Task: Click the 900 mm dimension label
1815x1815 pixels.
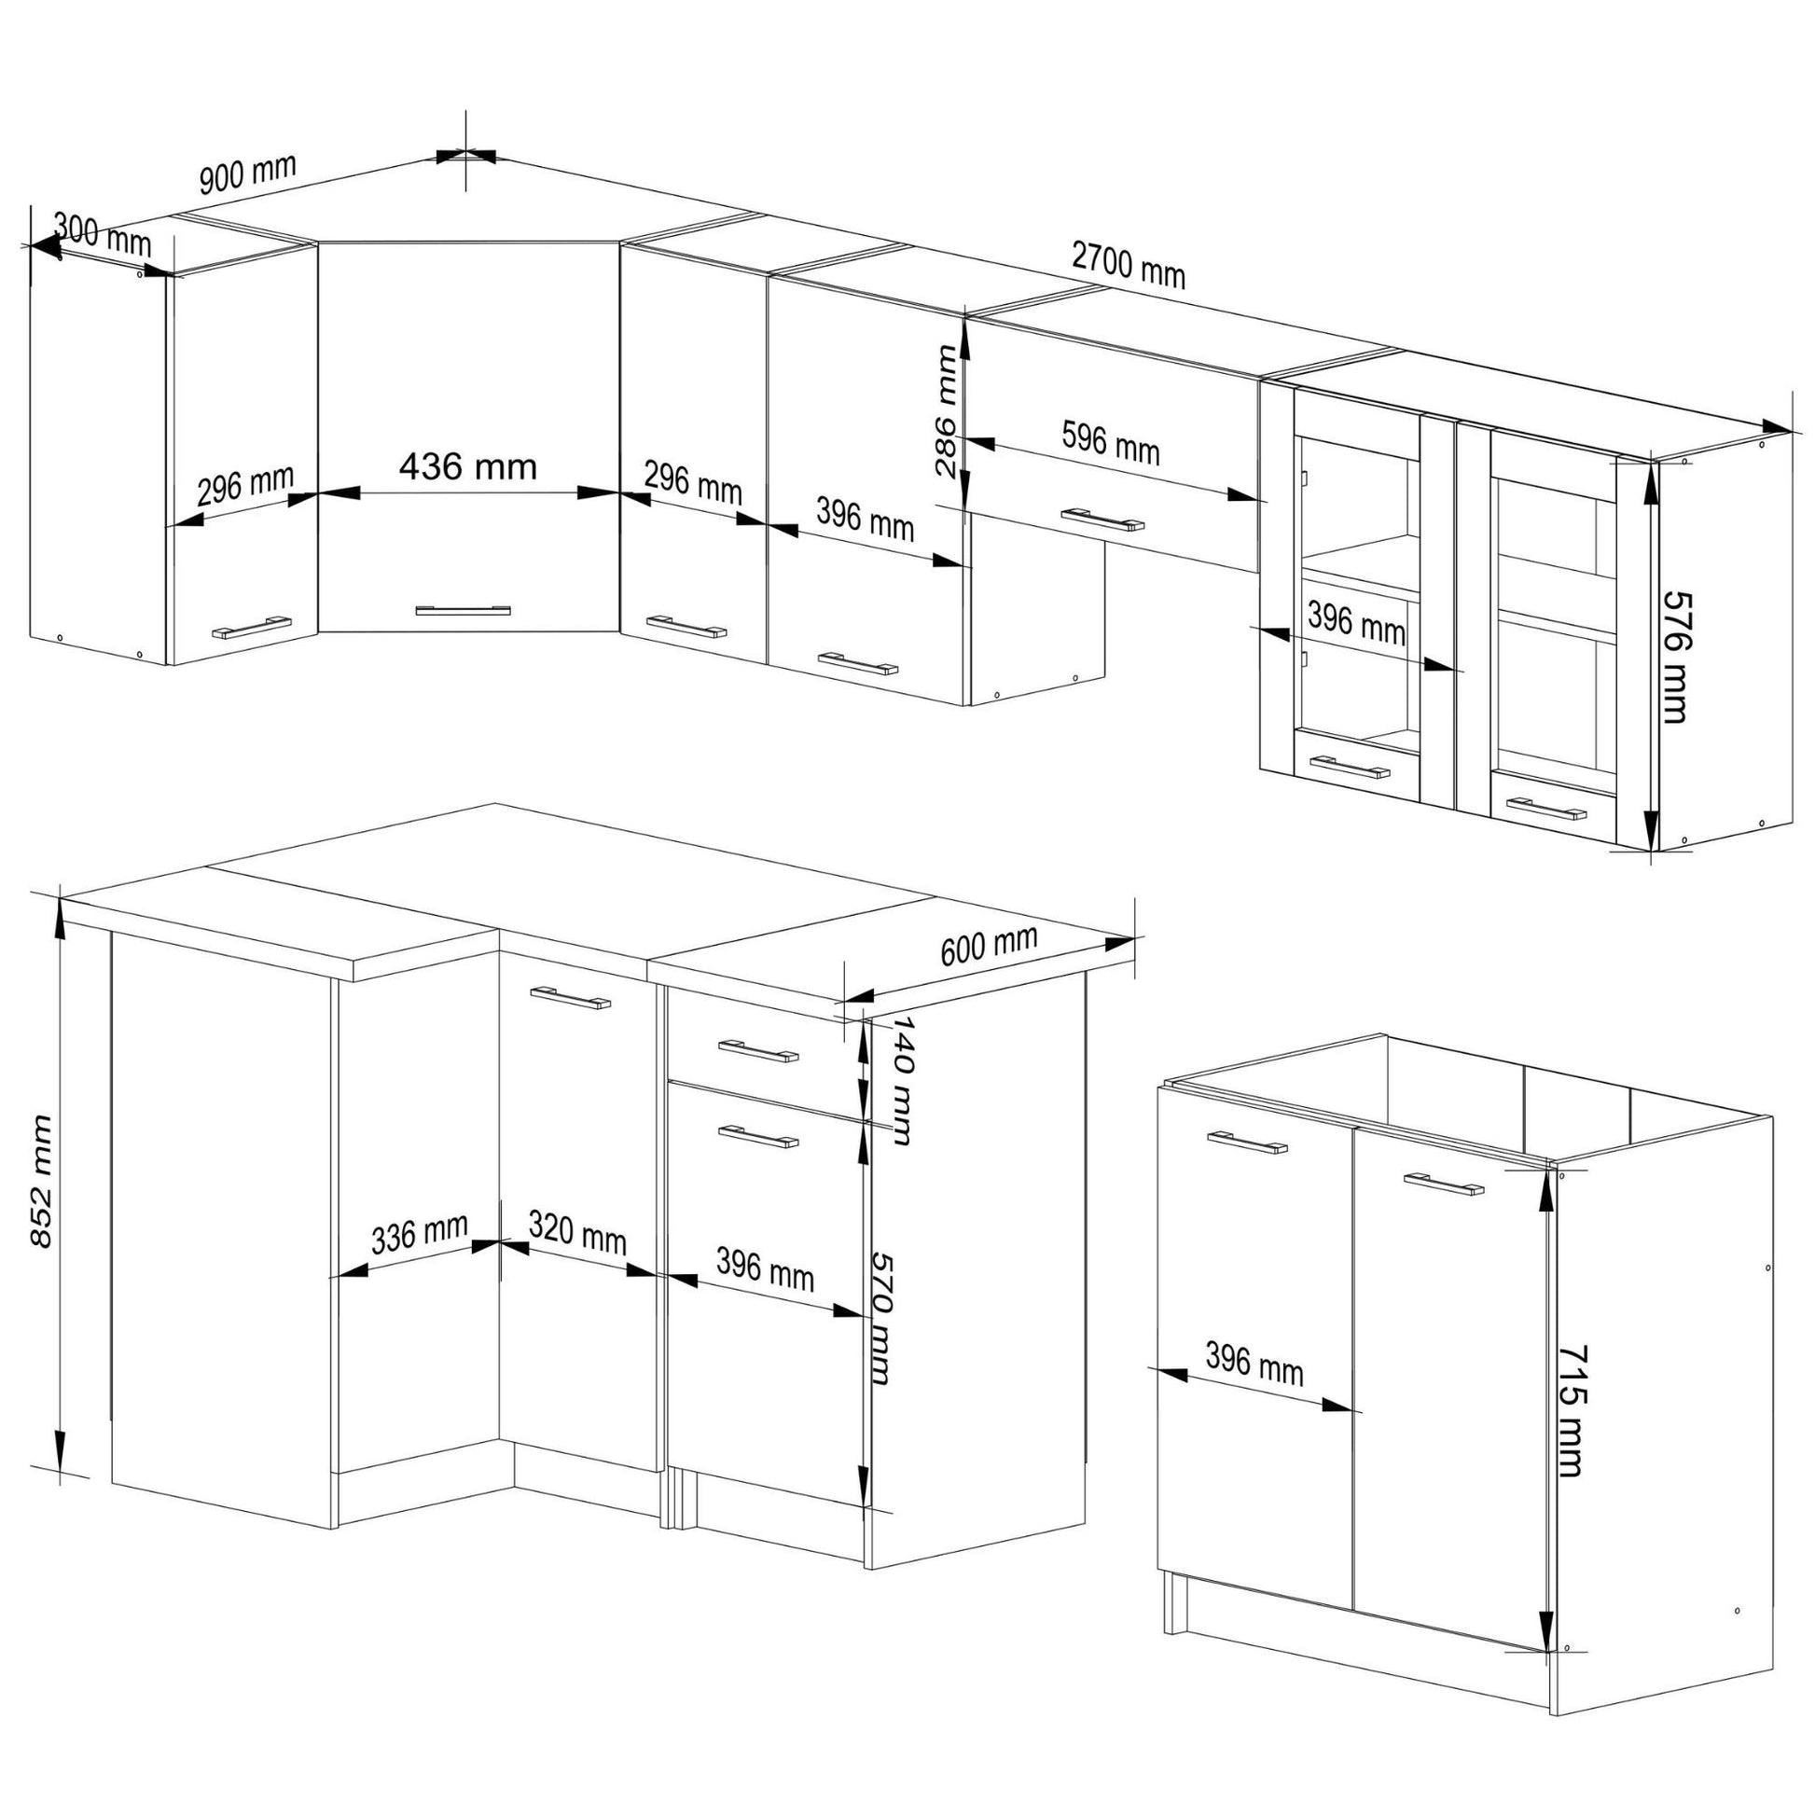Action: tap(248, 172)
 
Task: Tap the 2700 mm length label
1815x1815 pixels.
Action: tap(1129, 265)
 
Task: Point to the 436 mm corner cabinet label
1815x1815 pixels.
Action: tap(468, 466)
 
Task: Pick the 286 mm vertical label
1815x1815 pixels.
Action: tap(946, 410)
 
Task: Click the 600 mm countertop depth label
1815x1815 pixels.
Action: tap(990, 944)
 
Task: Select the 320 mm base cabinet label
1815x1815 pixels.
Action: tap(576, 1233)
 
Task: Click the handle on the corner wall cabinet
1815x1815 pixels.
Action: tap(464, 611)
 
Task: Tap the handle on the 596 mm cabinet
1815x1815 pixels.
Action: tap(1103, 520)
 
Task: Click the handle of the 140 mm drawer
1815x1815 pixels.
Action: tap(758, 1051)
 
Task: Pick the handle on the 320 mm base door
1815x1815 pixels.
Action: tap(570, 997)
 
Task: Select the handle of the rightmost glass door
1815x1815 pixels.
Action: tap(1546, 808)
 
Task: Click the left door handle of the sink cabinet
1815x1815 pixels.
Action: tap(1248, 1143)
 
